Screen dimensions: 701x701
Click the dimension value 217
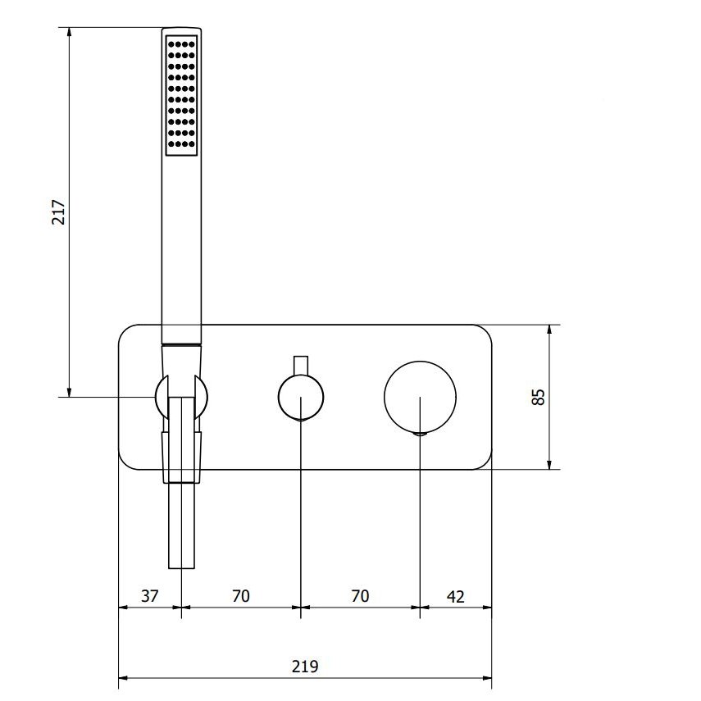click(x=59, y=212)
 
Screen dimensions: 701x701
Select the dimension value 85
click(x=539, y=397)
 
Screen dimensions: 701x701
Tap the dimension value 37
click(x=150, y=596)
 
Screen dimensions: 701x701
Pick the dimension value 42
click(x=456, y=596)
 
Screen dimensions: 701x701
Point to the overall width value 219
click(x=305, y=667)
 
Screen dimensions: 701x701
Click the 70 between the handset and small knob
click(x=241, y=596)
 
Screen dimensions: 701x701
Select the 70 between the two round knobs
click(x=360, y=596)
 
